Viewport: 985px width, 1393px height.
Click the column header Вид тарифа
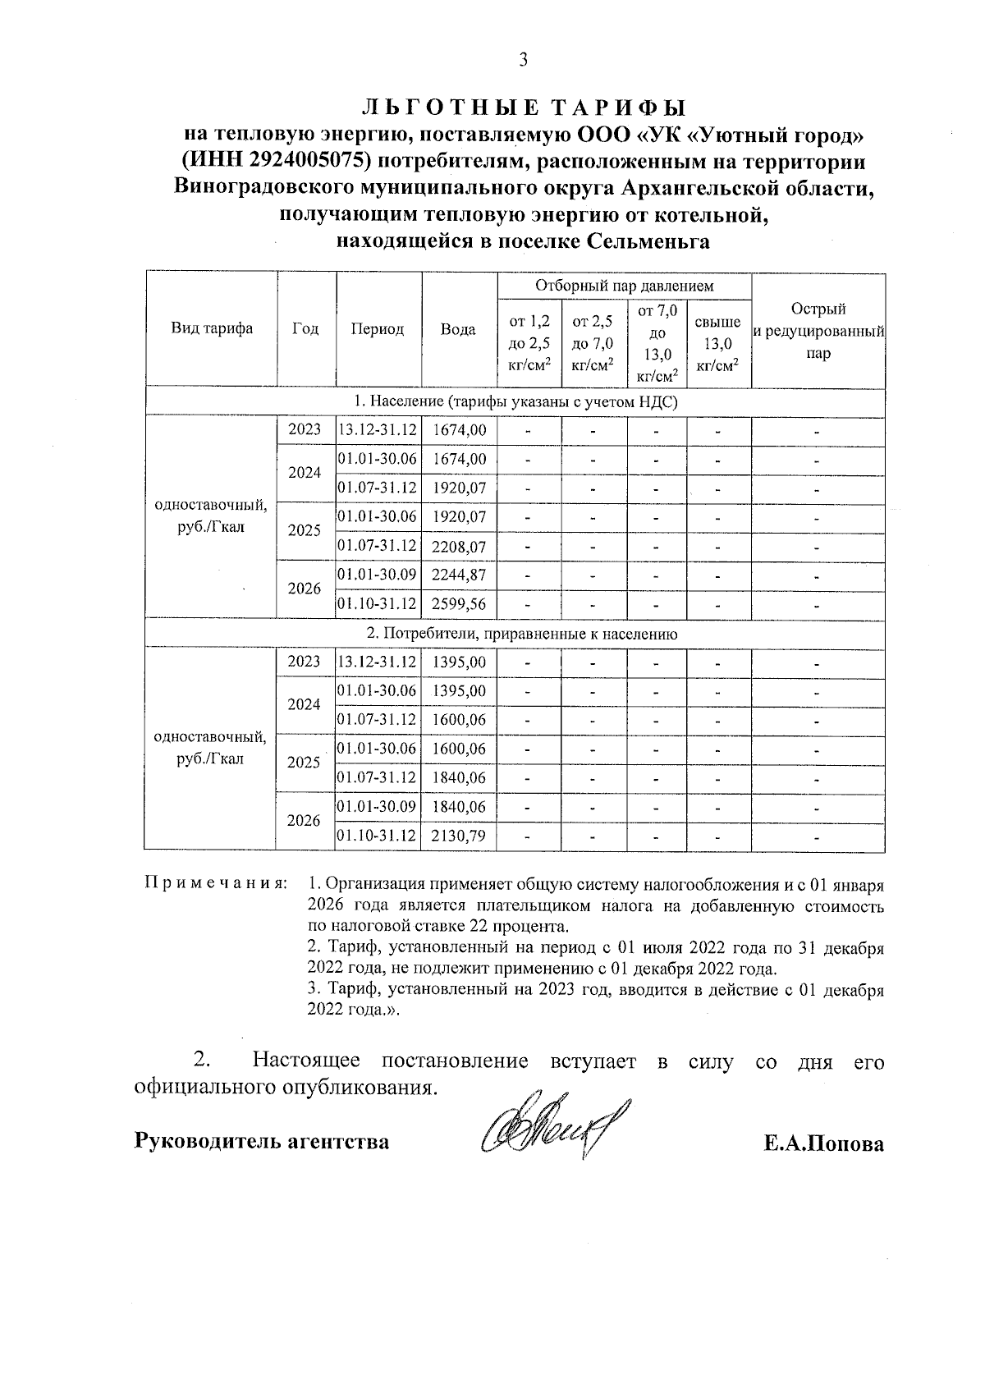(x=211, y=329)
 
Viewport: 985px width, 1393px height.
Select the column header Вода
(x=458, y=329)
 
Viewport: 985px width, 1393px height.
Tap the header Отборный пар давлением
(x=624, y=286)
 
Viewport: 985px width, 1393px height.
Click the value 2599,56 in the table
(x=459, y=604)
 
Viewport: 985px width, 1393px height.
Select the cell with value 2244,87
(x=459, y=575)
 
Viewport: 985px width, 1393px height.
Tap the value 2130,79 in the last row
(x=459, y=836)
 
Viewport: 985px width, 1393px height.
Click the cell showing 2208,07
(x=459, y=547)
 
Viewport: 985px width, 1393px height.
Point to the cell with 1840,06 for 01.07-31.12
(x=459, y=777)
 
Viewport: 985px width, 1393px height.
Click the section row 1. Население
(x=515, y=401)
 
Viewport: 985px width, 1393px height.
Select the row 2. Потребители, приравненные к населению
(x=515, y=634)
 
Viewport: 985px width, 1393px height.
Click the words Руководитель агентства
(x=262, y=1141)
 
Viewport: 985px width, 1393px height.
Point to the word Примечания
(x=216, y=884)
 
